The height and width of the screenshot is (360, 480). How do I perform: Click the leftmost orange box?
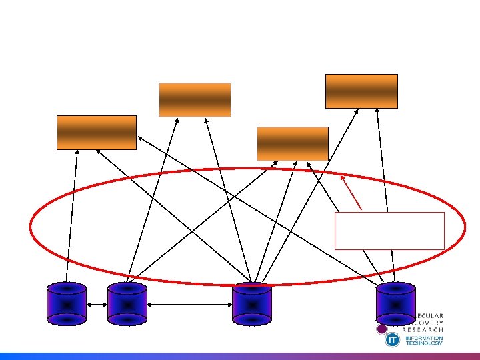pos(97,132)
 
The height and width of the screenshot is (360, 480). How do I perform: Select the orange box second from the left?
pos(195,99)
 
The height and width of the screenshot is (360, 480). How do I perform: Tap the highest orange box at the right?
pos(361,91)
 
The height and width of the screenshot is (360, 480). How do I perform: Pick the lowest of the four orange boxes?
pos(293,143)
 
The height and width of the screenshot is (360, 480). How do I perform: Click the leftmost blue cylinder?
pos(67,304)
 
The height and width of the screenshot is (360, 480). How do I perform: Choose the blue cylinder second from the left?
pos(127,304)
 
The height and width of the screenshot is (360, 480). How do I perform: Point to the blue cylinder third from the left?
pos(252,305)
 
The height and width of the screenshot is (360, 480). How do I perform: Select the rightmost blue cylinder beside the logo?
pos(395,301)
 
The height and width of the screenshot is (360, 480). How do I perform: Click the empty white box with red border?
pos(389,231)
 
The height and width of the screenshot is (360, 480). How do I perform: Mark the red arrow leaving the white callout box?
pos(351,192)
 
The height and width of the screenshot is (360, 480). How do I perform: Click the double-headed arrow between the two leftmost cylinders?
pos(97,305)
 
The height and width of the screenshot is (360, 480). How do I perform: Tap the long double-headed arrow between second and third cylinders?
pos(189,305)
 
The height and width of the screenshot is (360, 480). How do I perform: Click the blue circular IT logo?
pos(393,340)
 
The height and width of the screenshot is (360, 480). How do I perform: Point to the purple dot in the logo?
pos(382,329)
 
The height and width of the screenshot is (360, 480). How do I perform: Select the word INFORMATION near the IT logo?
pos(424,338)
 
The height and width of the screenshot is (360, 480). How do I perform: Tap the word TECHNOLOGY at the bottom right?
pos(424,343)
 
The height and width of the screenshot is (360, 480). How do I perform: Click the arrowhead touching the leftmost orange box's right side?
pos(139,137)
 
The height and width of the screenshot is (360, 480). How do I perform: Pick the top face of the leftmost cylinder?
pos(67,288)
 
